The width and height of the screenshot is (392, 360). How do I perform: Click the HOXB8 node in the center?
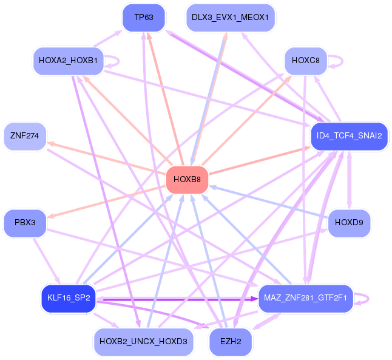[187, 180]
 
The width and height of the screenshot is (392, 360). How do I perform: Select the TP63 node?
[144, 18]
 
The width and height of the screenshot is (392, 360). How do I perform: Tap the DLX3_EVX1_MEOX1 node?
[230, 18]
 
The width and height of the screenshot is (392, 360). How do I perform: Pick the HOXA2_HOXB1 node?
[68, 61]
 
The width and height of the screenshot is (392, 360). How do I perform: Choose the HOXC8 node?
[306, 61]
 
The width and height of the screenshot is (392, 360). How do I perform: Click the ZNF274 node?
[25, 136]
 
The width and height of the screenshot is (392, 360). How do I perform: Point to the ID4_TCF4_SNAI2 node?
[349, 136]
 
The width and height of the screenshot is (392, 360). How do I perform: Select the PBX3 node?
[25, 223]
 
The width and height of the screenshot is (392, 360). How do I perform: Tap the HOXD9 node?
[349, 223]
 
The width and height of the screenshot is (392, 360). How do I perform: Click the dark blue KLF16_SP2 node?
[69, 298]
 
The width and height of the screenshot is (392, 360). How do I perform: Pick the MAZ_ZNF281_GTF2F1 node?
[305, 298]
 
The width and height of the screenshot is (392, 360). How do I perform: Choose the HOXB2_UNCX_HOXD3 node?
[143, 342]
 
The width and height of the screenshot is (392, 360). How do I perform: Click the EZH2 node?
[231, 342]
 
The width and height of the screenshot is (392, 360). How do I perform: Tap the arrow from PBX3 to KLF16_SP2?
[47, 260]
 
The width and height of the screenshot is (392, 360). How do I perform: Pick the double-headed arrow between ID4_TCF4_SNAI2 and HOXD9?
[350, 180]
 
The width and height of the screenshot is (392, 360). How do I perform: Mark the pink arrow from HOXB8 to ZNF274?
[106, 157]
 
